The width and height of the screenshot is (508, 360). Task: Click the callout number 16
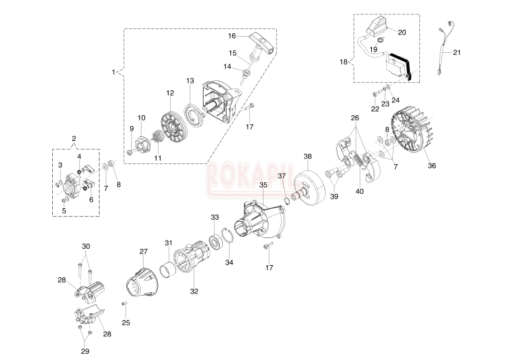click(x=231, y=36)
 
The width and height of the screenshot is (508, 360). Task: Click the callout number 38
click(x=308, y=157)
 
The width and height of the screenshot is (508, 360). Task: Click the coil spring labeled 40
click(x=354, y=163)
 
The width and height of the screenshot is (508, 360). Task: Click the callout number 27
click(x=143, y=252)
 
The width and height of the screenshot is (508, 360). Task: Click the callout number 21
click(x=457, y=52)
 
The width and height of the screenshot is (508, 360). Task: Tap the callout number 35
click(x=263, y=184)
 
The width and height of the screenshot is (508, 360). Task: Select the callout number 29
click(x=85, y=351)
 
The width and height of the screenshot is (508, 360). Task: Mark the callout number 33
click(x=215, y=218)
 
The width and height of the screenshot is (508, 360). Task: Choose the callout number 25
click(x=126, y=322)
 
